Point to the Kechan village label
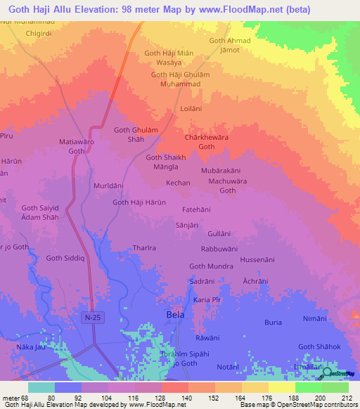pos(179,183)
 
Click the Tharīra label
pos(144,248)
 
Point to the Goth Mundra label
pos(211,266)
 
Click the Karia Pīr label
pos(208,300)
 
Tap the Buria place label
pos(273,322)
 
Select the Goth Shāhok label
pos(319,346)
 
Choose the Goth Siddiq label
pos(64,259)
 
